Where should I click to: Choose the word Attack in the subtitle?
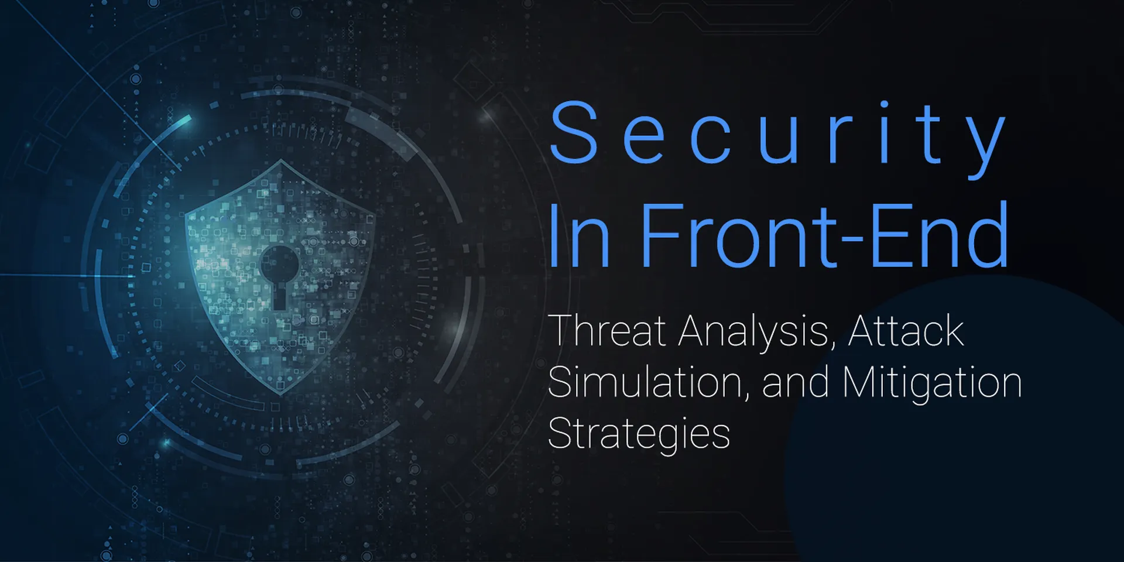tap(906, 331)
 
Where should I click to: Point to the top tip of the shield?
tap(281, 159)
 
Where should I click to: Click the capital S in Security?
tap(574, 132)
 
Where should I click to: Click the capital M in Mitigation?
tap(864, 382)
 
